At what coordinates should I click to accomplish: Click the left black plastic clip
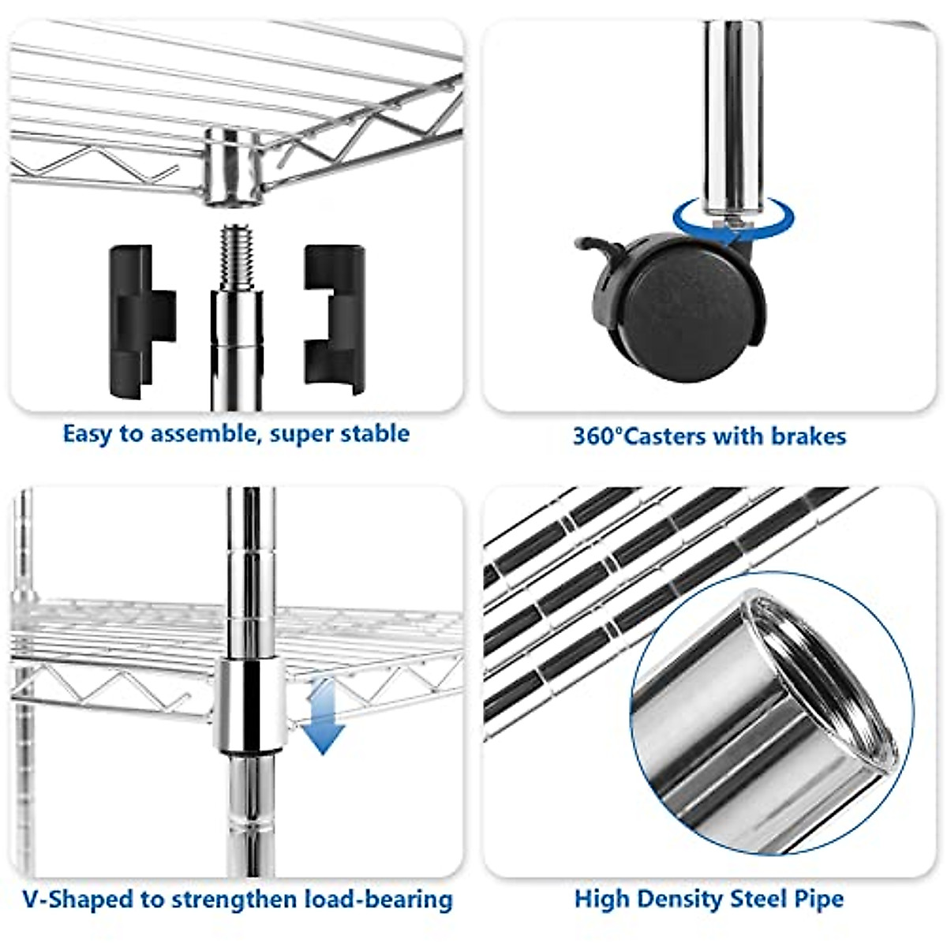pos(140,321)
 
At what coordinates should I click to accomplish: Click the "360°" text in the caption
pos(597,436)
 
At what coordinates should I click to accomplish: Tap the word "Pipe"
pos(817,899)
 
